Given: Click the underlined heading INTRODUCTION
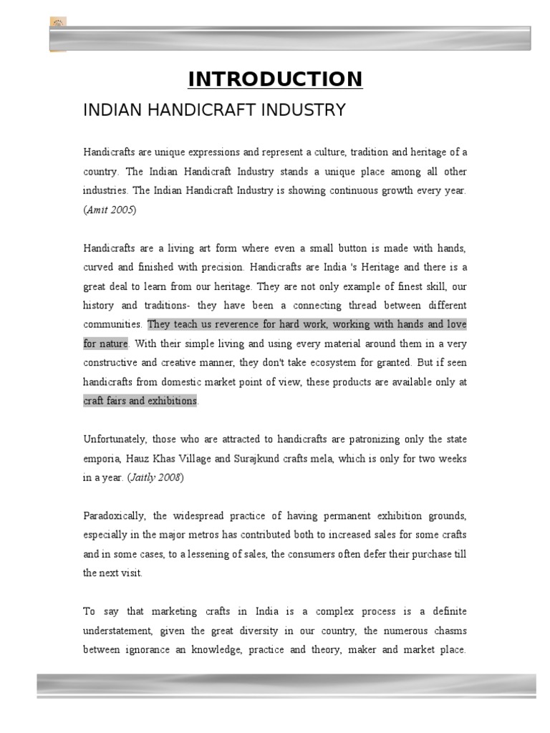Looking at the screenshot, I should tap(275, 79).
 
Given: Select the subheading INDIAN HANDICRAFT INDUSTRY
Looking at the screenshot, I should tap(215, 110).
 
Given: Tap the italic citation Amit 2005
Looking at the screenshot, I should tap(110, 210).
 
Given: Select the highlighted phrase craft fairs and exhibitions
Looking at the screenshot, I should tap(140, 401).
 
